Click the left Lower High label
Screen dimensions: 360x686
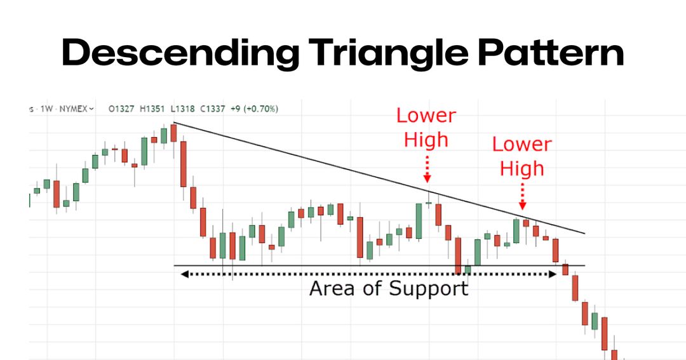click(x=426, y=127)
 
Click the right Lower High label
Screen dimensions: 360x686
click(x=521, y=156)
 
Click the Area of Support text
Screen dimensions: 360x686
click(x=388, y=289)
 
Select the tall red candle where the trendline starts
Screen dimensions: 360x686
click(x=184, y=164)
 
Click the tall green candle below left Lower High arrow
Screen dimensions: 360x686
click(x=419, y=221)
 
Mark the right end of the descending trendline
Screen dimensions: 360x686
click(x=584, y=234)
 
